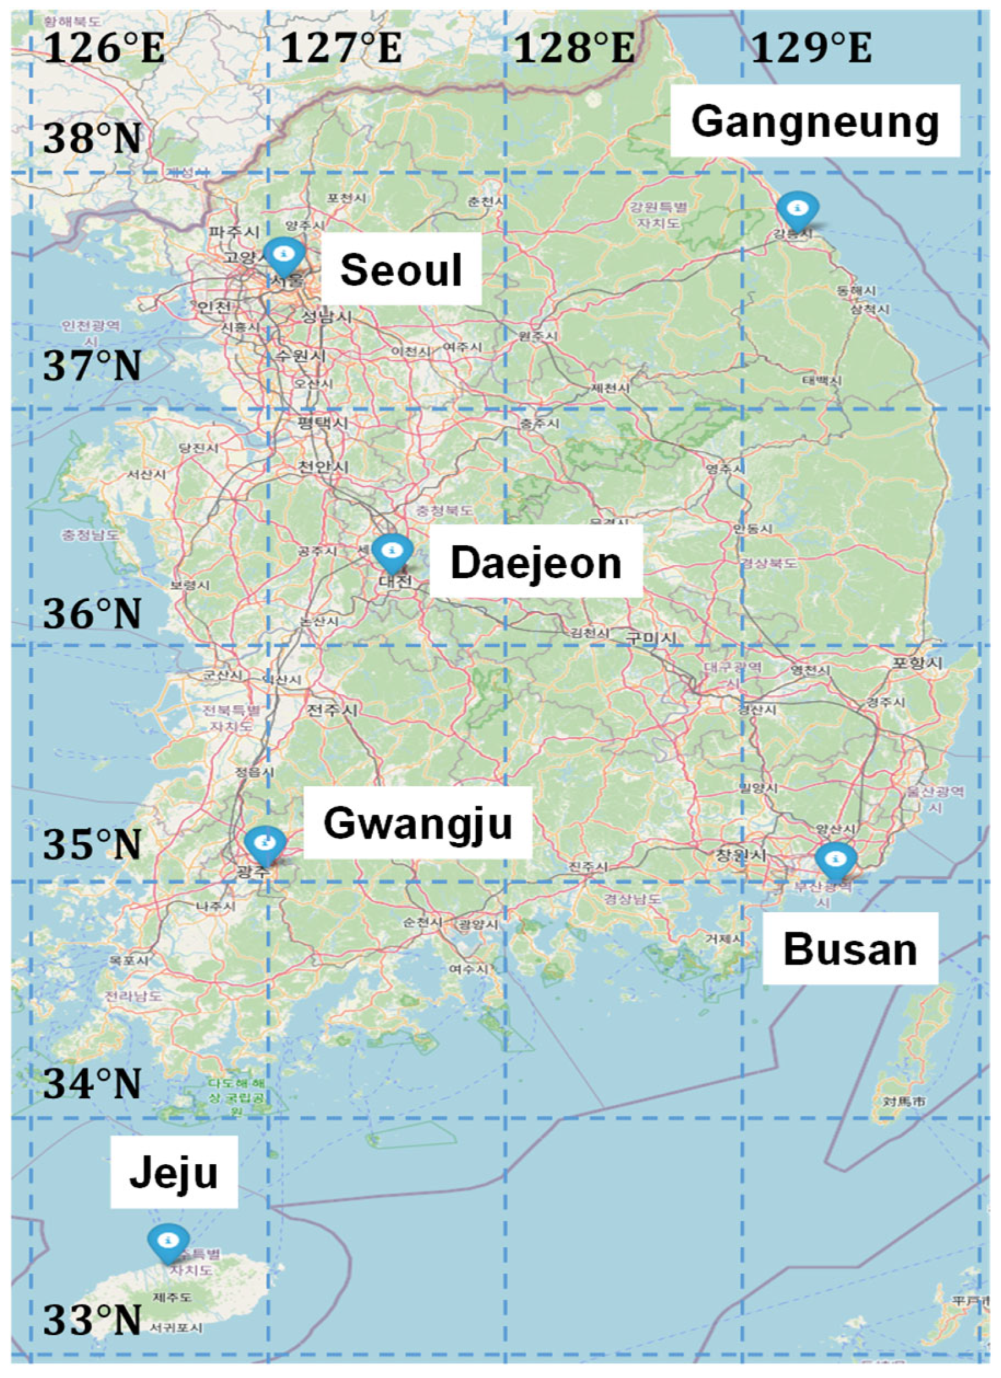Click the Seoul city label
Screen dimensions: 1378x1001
coord(401,270)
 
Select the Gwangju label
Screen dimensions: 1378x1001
coord(418,823)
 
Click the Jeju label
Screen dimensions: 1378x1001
coord(174,1172)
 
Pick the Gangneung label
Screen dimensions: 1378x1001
coord(815,122)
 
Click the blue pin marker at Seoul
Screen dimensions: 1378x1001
coord(283,254)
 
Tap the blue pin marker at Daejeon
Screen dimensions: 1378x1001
coord(392,551)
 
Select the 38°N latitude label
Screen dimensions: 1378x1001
coord(92,139)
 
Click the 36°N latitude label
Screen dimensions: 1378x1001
coord(92,614)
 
